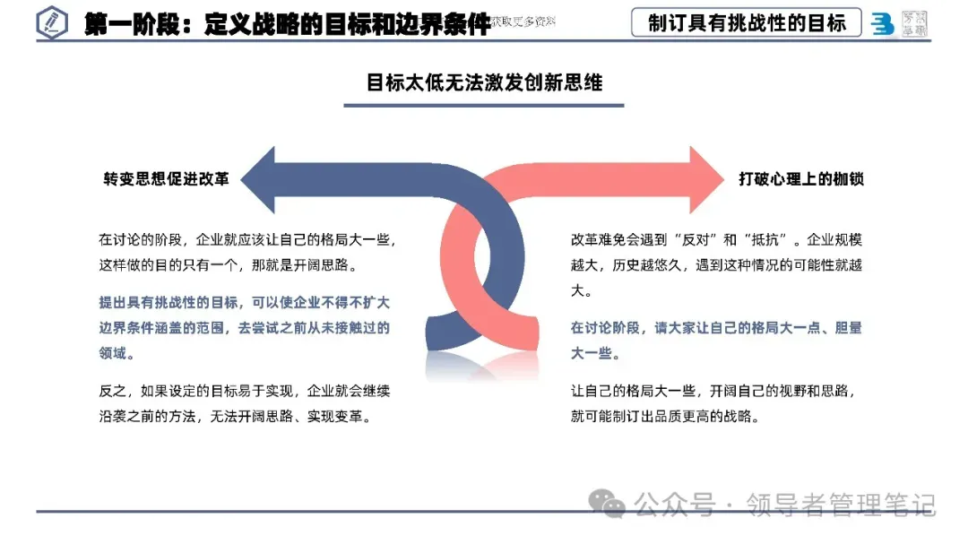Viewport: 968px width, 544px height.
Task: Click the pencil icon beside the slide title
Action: coord(53,22)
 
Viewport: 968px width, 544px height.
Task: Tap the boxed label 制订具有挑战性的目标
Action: coord(747,22)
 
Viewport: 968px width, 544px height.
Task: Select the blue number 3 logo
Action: coord(883,24)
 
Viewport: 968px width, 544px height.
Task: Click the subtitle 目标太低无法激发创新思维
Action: coord(484,82)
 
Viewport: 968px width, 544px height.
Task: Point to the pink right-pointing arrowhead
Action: coord(704,180)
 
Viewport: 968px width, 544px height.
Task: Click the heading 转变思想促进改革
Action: coord(166,179)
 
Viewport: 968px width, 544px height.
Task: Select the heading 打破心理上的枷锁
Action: coord(801,179)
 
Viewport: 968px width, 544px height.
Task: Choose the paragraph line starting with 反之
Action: coord(244,392)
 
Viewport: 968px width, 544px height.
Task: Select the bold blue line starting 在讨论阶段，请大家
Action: coord(715,328)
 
